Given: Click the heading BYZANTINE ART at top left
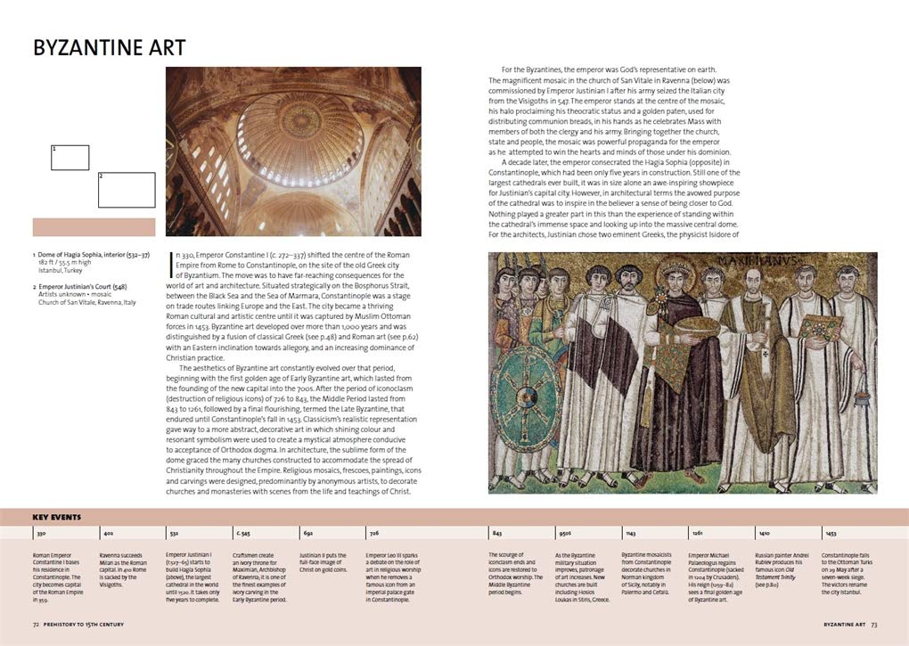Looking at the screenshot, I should [110, 47].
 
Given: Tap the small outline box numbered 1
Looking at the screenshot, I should [70, 158].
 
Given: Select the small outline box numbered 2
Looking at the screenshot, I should [126, 190].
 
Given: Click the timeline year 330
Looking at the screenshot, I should [42, 533].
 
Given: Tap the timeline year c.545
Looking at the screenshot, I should [242, 533].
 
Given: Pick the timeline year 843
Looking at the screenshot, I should [496, 533].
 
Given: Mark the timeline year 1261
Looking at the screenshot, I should [696, 533].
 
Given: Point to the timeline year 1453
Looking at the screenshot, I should [831, 533].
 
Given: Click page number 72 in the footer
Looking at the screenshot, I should [37, 626].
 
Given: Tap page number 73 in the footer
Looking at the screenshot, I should [874, 626].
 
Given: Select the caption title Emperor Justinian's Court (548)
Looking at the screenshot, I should [87, 287].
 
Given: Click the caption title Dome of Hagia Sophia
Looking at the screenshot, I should [87, 256].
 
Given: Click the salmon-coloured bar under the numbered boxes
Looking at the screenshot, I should [94, 227].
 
